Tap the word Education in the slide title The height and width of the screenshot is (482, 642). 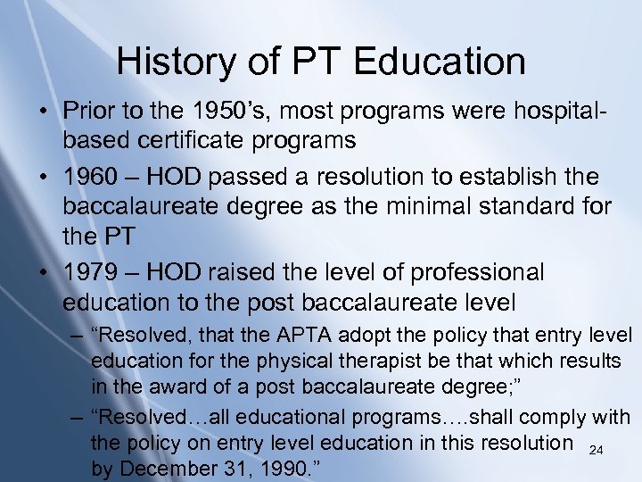point(440,62)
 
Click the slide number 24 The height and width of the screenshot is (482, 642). point(597,451)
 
